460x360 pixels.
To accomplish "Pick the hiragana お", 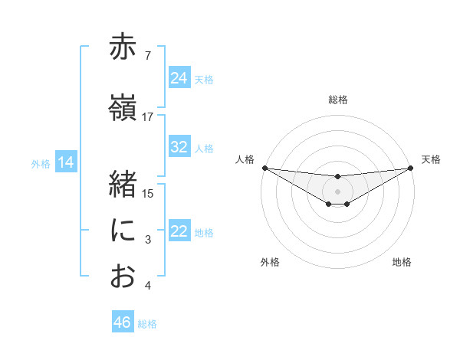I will coord(123,277).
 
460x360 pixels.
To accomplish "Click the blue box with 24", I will coord(179,78).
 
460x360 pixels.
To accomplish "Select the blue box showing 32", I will coord(179,147).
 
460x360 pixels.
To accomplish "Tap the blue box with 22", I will coord(179,231).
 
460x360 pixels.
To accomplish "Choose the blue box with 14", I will coord(66,162).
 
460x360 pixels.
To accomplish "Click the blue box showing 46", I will coord(123,322).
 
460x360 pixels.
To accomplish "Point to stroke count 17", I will coord(148,116).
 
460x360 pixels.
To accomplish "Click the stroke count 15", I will coord(148,193).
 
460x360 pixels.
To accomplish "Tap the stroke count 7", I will coord(148,56).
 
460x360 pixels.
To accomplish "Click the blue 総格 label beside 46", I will coord(147,324).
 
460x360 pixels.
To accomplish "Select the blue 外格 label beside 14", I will coord(41,163).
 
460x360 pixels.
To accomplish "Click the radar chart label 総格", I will coord(337,100).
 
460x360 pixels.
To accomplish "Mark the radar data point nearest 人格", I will coord(264,167).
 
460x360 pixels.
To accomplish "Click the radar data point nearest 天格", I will coord(411,167).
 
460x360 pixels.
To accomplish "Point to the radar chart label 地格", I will coord(402,262).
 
